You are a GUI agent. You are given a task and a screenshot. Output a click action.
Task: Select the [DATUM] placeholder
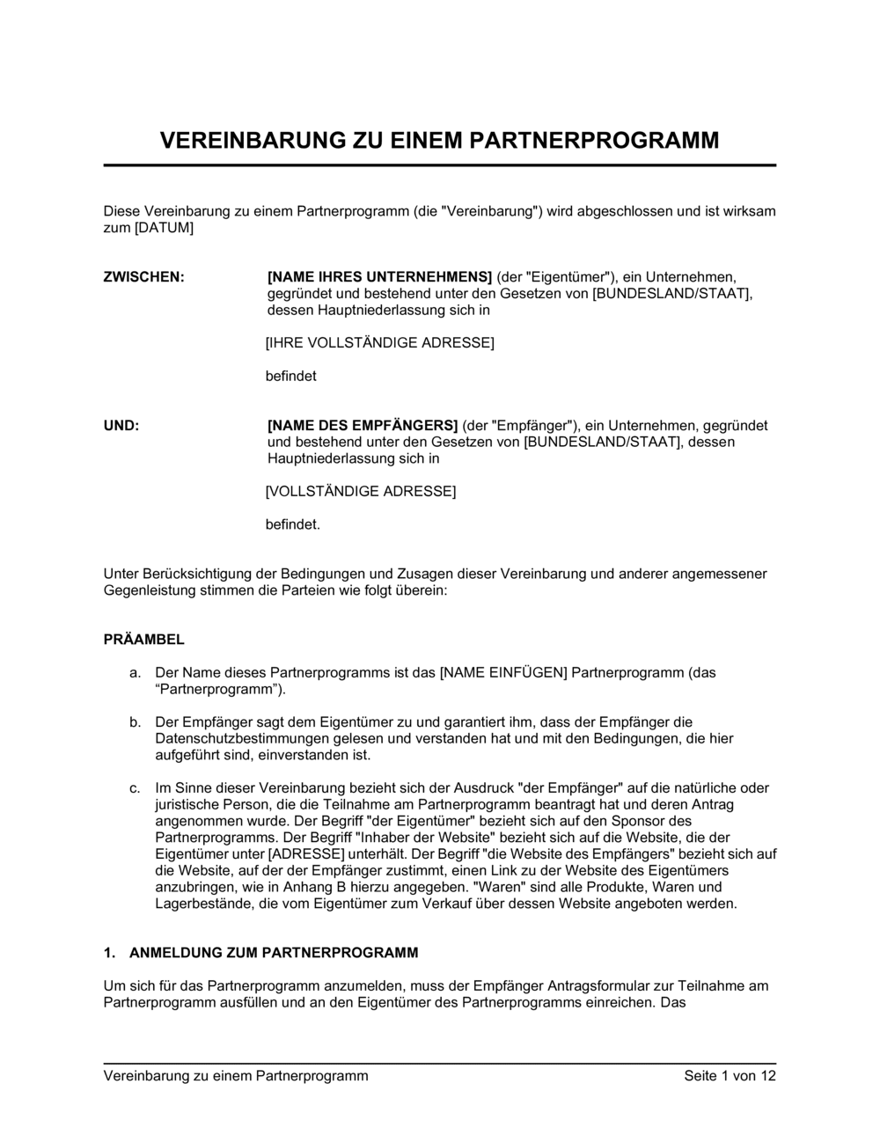click(x=163, y=228)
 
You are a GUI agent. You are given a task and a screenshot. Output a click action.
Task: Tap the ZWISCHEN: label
click(x=144, y=277)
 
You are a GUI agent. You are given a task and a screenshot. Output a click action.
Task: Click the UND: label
click(x=121, y=426)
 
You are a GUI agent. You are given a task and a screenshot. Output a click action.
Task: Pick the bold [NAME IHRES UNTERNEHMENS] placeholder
click(x=379, y=277)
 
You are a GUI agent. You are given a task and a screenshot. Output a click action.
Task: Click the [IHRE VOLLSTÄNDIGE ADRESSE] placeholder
click(x=379, y=342)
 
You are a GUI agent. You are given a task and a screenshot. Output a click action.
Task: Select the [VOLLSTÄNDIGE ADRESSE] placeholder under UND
click(x=361, y=491)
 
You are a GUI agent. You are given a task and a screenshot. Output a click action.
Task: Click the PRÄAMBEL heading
click(x=144, y=640)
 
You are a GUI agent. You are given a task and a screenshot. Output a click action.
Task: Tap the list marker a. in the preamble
click(x=135, y=673)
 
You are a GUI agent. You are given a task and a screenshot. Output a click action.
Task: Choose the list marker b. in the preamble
click(x=135, y=722)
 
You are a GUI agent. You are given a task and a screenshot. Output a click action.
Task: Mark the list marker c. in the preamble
click(x=135, y=788)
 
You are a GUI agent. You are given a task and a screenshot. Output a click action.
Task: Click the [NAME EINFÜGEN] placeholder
click(x=502, y=673)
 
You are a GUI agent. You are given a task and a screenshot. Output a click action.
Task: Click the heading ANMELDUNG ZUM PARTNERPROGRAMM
click(x=274, y=953)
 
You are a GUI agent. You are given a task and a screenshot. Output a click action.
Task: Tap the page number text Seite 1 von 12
click(x=730, y=1076)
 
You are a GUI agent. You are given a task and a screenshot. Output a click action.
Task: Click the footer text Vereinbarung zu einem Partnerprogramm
click(x=236, y=1076)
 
